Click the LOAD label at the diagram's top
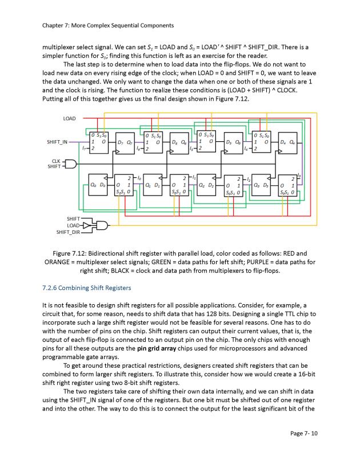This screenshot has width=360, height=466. click(x=69, y=118)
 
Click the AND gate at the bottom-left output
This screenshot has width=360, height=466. click(x=99, y=224)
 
